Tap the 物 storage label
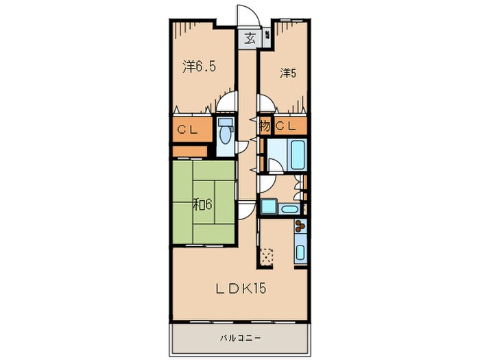(265, 126)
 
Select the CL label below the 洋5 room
(289, 126)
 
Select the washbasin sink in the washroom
(289, 208)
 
